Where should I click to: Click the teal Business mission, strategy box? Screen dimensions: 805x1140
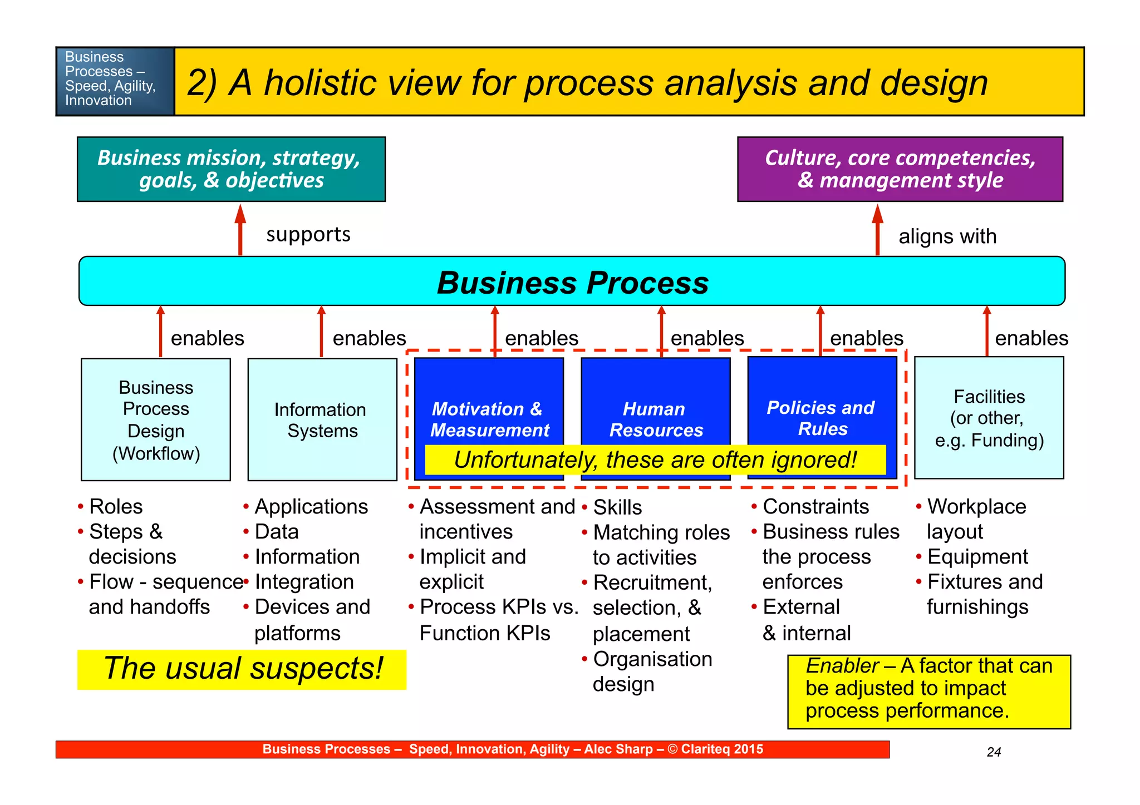[231, 169]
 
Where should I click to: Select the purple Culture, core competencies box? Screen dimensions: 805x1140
[900, 169]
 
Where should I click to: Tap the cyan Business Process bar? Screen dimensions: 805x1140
[572, 282]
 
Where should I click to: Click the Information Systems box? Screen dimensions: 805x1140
[322, 419]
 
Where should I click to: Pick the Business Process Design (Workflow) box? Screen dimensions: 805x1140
[156, 419]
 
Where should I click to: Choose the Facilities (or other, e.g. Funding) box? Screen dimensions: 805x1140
[989, 418]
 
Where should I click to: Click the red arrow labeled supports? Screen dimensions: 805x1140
[240, 231]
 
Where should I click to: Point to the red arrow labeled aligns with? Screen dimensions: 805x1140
[878, 231]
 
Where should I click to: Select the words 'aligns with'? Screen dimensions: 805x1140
[947, 236]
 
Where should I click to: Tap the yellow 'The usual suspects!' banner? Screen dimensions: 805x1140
[242, 669]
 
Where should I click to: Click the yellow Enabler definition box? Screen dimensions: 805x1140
[928, 691]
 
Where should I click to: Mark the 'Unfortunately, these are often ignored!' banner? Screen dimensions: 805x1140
[655, 460]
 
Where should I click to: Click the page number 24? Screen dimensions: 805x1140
[994, 752]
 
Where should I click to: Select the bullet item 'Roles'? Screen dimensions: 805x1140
[116, 507]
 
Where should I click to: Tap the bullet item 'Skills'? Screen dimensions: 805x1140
[617, 508]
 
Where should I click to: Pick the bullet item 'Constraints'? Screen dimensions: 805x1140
[815, 507]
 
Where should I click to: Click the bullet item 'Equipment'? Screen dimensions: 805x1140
[977, 557]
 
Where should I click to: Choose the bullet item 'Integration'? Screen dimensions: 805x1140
[304, 582]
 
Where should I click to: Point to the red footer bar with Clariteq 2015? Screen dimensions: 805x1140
[472, 749]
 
